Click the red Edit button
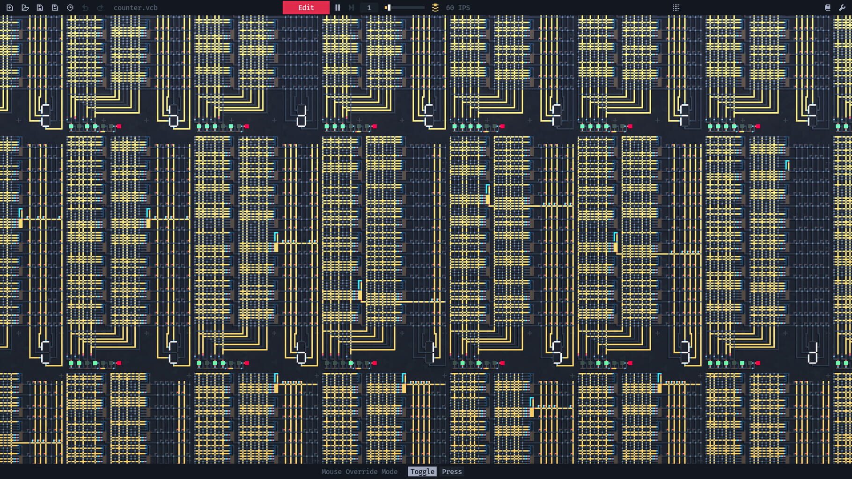coord(306,7)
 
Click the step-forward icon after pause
coord(352,7)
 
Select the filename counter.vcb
coord(136,7)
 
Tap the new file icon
coord(10,7)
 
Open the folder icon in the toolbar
coord(25,7)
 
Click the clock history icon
coord(70,7)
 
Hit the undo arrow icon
coord(85,7)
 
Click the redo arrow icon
coord(100,7)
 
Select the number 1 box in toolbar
coord(369,7)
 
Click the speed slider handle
coord(388,7)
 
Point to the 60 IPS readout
coord(458,7)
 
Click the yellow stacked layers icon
coord(435,7)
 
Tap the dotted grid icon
coord(676,7)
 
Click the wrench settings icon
coord(842,7)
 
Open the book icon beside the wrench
coord(828,7)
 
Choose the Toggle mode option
coord(422,472)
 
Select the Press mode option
coord(452,472)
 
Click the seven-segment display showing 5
coord(557,352)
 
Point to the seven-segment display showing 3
coord(685,352)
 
